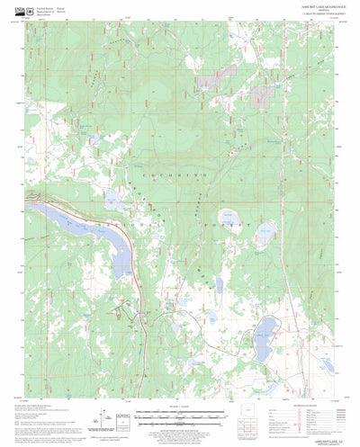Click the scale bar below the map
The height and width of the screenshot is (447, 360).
coord(175,415)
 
